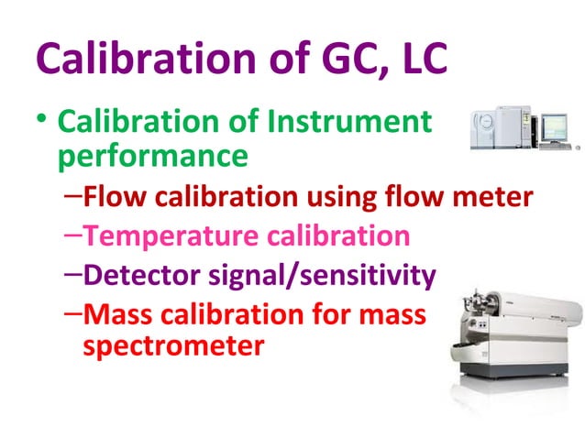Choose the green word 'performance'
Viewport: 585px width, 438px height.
(152, 155)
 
